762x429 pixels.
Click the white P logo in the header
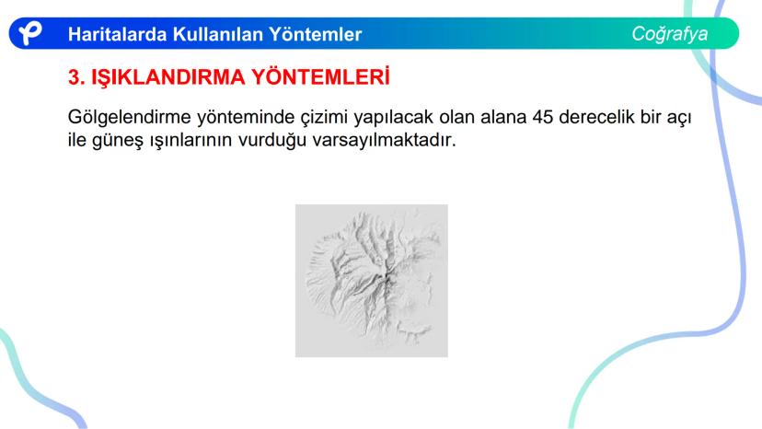[29, 33]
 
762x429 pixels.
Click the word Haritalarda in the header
[117, 34]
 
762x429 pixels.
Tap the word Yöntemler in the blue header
[316, 34]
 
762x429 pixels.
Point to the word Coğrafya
[670, 33]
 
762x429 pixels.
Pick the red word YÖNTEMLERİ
[321, 76]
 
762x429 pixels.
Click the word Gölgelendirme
[129, 117]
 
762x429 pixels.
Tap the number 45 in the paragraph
[543, 117]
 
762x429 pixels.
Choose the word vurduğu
[272, 141]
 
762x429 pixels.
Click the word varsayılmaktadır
[385, 140]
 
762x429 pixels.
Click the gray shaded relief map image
[372, 281]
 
